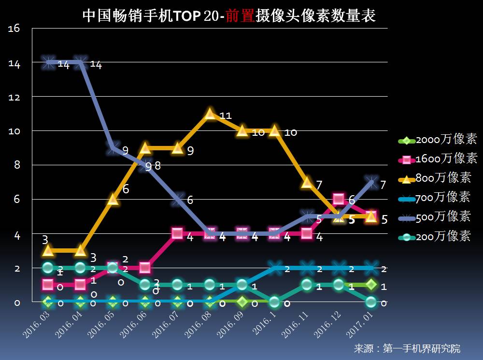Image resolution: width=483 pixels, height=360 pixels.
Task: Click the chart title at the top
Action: tap(229, 16)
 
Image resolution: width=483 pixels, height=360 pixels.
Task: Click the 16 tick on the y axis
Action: tap(14, 29)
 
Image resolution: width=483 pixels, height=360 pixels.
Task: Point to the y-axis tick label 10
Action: tap(14, 131)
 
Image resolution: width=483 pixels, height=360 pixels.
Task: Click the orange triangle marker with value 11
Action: tap(210, 114)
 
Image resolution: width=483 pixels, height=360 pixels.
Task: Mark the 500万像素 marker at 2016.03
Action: tap(48, 62)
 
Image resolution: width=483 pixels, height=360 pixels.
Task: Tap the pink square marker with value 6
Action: tap(339, 199)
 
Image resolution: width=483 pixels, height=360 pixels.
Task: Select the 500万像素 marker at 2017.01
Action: tap(371, 182)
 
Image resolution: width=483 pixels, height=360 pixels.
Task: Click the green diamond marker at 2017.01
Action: tap(371, 285)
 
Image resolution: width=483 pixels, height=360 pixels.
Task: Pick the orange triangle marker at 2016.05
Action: tap(113, 199)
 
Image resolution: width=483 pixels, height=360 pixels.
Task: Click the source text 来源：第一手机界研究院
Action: tap(407, 348)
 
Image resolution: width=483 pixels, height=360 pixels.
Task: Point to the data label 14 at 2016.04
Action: tap(96, 65)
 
